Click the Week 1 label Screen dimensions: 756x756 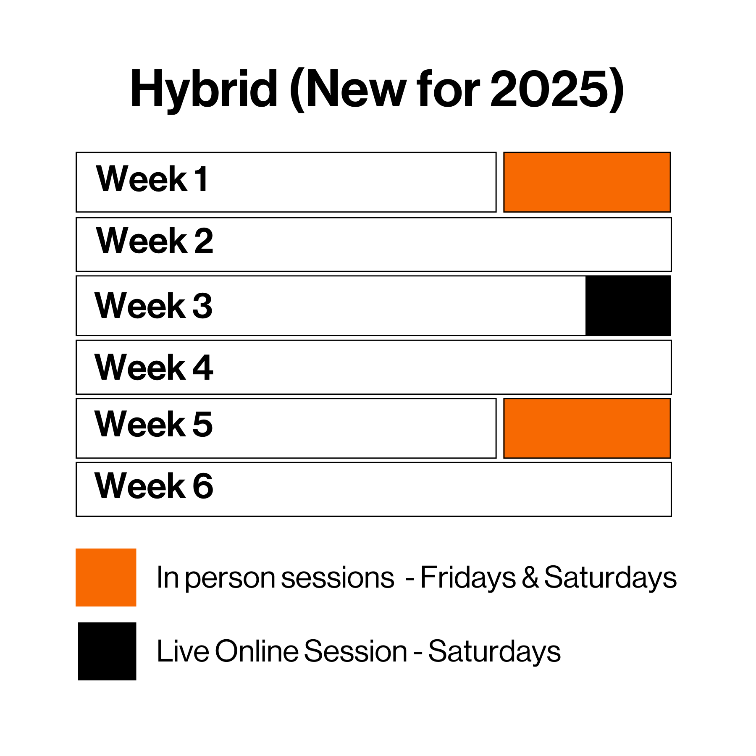(x=152, y=179)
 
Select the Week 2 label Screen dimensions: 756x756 (x=155, y=240)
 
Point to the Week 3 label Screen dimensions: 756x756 (x=153, y=305)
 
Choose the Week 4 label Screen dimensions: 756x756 (x=154, y=367)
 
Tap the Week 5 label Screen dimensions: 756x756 (x=154, y=424)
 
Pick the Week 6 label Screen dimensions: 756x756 (x=154, y=486)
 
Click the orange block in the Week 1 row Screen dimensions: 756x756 (x=587, y=182)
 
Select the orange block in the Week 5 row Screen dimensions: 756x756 (x=587, y=428)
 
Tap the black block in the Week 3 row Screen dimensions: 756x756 (x=628, y=305)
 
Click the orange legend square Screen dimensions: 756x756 (x=106, y=577)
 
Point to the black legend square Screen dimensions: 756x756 (x=107, y=651)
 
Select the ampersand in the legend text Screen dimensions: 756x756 (x=530, y=577)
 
